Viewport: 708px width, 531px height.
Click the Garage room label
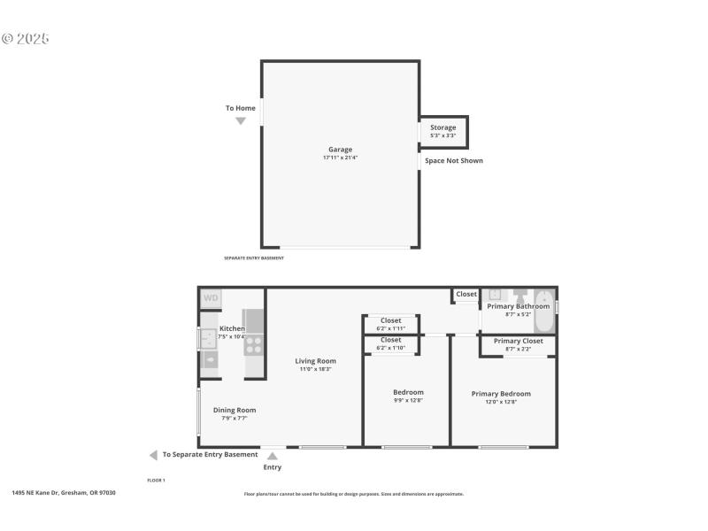click(x=340, y=150)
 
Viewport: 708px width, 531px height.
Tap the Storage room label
click(x=443, y=128)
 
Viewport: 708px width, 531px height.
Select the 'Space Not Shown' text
click(x=453, y=160)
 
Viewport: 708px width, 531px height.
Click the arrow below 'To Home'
click(x=240, y=121)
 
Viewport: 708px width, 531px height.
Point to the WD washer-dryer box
click(x=211, y=298)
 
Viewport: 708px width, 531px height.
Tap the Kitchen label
click(x=232, y=328)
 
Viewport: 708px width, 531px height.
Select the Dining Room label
click(x=235, y=410)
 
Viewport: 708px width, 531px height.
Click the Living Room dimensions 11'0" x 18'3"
click(x=315, y=369)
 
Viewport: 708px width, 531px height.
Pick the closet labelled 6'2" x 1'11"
click(x=390, y=324)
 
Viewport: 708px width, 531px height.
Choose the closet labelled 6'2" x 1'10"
click(x=390, y=343)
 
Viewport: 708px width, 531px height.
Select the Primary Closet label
click(x=518, y=341)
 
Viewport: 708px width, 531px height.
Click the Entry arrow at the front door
click(x=273, y=456)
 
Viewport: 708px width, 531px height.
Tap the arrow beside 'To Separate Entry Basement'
click(x=153, y=455)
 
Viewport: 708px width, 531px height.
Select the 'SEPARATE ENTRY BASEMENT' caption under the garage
click(x=254, y=258)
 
